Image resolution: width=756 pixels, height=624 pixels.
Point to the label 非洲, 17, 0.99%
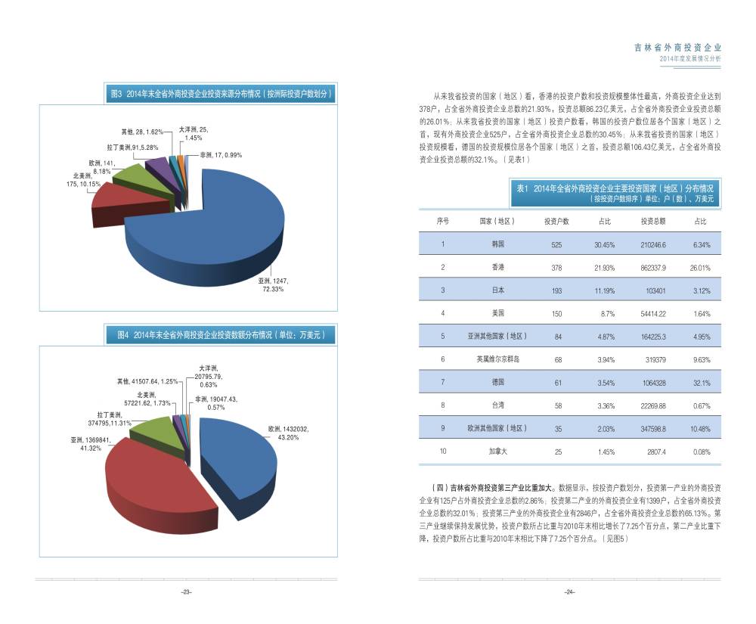click(x=221, y=155)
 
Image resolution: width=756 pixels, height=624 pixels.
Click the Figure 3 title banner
click(x=221, y=94)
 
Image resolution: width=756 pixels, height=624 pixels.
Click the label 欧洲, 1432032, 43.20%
click(x=288, y=433)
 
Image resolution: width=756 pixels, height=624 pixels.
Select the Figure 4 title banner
click(x=221, y=334)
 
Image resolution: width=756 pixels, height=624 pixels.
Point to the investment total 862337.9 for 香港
click(x=653, y=268)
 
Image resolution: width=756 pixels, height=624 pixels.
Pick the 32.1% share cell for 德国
click(x=701, y=383)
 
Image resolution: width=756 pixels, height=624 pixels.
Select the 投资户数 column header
click(x=557, y=221)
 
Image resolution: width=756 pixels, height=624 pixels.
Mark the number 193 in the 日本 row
click(x=557, y=290)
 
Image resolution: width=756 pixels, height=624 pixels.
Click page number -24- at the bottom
click(x=570, y=591)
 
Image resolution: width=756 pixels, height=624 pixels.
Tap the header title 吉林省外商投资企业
click(x=677, y=47)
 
